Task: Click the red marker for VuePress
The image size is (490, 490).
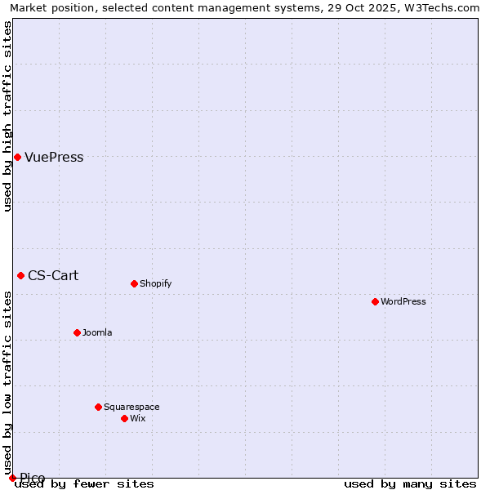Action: pyautogui.click(x=17, y=157)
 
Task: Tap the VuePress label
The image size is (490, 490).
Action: pyautogui.click(x=54, y=158)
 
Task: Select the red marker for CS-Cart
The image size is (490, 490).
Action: pyautogui.click(x=20, y=275)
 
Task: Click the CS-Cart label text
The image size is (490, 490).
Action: pyautogui.click(x=53, y=275)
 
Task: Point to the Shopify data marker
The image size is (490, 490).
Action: pyautogui.click(x=134, y=283)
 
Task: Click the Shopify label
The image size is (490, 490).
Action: pyautogui.click(x=155, y=284)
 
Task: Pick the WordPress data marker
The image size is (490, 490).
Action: pyautogui.click(x=375, y=301)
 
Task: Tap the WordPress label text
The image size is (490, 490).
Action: pyautogui.click(x=403, y=302)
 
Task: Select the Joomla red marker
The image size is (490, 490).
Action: pyautogui.click(x=77, y=332)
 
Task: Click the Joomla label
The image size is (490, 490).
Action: pyautogui.click(x=97, y=333)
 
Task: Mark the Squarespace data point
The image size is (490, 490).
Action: pyautogui.click(x=98, y=407)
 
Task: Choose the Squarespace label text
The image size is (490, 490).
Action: pyautogui.click(x=131, y=408)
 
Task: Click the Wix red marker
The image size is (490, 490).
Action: pyautogui.click(x=124, y=418)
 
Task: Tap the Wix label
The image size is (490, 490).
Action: pyautogui.click(x=137, y=419)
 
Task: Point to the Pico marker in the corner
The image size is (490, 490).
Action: pyautogui.click(x=12, y=478)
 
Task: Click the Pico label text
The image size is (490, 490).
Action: pyautogui.click(x=33, y=478)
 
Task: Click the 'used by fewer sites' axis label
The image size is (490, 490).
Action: pyautogui.click(x=84, y=484)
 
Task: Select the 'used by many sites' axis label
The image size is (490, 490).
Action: pyautogui.click(x=410, y=484)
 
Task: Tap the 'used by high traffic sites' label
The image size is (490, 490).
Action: pyautogui.click(x=7, y=116)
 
